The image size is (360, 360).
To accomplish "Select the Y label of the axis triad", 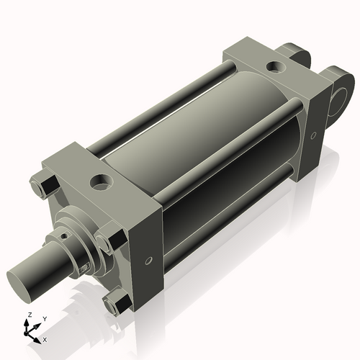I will (x=45, y=318).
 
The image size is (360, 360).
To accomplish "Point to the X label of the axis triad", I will (x=45, y=338).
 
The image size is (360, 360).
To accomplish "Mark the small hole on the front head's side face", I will (x=149, y=261).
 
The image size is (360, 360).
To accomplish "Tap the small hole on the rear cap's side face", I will (x=312, y=134).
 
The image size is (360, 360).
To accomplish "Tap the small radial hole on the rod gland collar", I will (x=64, y=234).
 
